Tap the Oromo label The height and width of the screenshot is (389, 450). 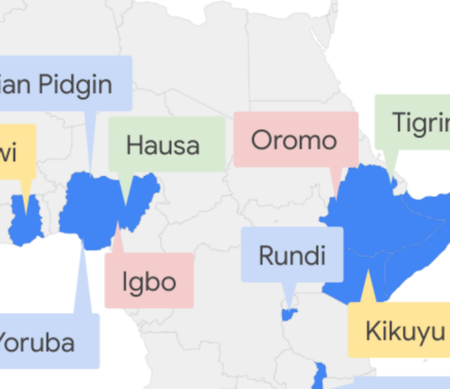coord(295,140)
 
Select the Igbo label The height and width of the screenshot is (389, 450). coord(149,280)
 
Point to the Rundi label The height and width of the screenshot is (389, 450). coord(292,255)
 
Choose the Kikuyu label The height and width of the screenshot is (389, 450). coord(403,331)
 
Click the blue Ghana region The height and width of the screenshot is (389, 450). coord(28,217)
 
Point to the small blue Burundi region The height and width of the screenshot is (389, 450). coord(288,315)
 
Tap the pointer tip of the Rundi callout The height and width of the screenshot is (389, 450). coord(289,310)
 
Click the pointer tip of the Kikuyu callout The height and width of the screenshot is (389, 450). coord(368,271)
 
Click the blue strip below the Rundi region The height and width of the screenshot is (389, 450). coord(320,376)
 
